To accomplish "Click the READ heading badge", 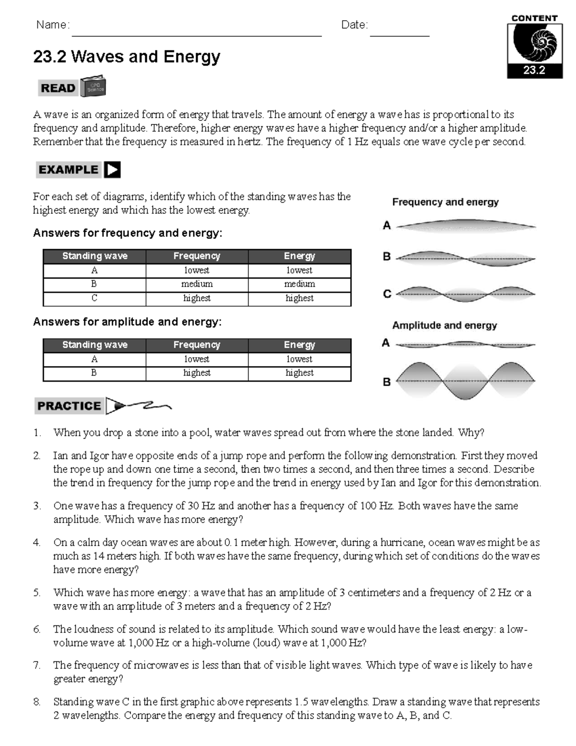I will pos(58,88).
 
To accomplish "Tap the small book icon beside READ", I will pos(93,86).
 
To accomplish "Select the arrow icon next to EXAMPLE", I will pos(112,170).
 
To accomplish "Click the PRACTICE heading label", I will pos(69,406).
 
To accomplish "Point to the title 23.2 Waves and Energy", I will pos(127,57).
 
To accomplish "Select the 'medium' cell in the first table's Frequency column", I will pos(197,284).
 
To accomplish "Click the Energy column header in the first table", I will pos(300,256).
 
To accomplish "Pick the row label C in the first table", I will pos(94,298).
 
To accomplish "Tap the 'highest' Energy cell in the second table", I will pos(300,373).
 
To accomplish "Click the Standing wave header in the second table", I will pos(95,345).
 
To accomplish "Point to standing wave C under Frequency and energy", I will pos(466,294).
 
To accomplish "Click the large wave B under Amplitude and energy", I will pos(466,381).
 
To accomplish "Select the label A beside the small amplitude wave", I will pos(386,343).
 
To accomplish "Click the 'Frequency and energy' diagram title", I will pos(445,202).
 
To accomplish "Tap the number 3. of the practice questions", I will pos(37,506).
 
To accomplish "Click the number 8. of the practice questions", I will pos(37,702).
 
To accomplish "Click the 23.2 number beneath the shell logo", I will pos(534,70).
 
